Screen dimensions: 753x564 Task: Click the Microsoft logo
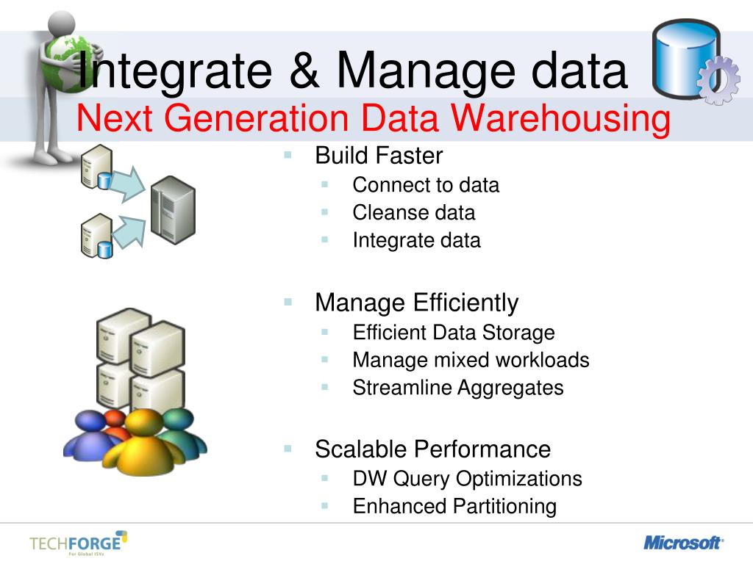click(x=683, y=543)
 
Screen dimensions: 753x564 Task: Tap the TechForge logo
click(x=78, y=544)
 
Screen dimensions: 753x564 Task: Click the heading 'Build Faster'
click(x=379, y=156)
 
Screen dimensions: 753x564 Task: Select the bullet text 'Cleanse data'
click(x=414, y=213)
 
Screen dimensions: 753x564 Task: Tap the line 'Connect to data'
click(x=426, y=185)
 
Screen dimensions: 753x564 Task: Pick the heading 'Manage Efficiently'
click(x=416, y=303)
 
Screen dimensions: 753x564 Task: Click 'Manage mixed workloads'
click(x=471, y=360)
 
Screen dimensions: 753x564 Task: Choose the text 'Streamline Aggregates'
click(x=458, y=388)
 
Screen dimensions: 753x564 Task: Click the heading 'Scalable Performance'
click(x=432, y=449)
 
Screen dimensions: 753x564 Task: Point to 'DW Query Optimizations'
click(x=467, y=479)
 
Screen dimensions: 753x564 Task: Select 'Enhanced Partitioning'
click(x=454, y=506)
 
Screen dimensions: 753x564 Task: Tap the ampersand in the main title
click(x=307, y=71)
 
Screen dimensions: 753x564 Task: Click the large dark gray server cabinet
click(x=173, y=210)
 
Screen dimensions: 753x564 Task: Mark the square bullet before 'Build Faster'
click(x=288, y=155)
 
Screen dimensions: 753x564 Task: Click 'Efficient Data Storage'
click(x=454, y=333)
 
